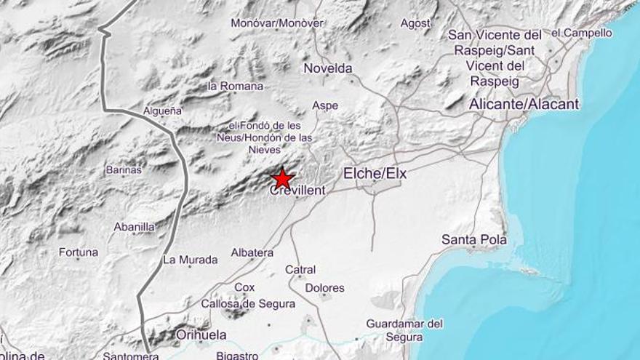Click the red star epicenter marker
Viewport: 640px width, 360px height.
pyautogui.click(x=281, y=178)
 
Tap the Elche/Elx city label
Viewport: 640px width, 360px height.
pyautogui.click(x=375, y=174)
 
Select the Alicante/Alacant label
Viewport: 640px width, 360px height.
pyautogui.click(x=524, y=104)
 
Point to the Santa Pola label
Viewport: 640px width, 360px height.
pyautogui.click(x=474, y=239)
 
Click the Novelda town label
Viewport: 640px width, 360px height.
pyautogui.click(x=327, y=68)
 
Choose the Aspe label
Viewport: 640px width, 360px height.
pyautogui.click(x=325, y=105)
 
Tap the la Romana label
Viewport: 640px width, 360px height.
pyautogui.click(x=236, y=86)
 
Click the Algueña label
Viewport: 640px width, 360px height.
pyautogui.click(x=163, y=111)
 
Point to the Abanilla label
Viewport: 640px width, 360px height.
pyautogui.click(x=134, y=227)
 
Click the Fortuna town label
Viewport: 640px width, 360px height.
pyautogui.click(x=79, y=252)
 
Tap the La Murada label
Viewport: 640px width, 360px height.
pyautogui.click(x=190, y=260)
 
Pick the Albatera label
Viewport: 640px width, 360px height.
pyautogui.click(x=252, y=252)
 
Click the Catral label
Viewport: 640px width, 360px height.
pyautogui.click(x=300, y=270)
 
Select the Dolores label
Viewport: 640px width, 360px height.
pyautogui.click(x=324, y=288)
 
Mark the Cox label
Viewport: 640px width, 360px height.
pyautogui.click(x=244, y=287)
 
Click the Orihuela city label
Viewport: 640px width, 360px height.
pyautogui.click(x=201, y=335)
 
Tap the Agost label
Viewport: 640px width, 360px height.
pyautogui.click(x=415, y=23)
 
